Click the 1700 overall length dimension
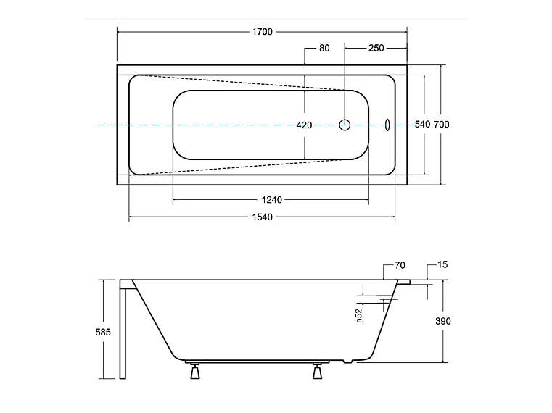pyautogui.click(x=263, y=32)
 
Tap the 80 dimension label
pyautogui.click(x=324, y=49)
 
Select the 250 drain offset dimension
pyautogui.click(x=376, y=49)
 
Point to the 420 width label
pyautogui.click(x=304, y=125)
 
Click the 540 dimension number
pyautogui.click(x=422, y=125)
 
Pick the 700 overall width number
pyautogui.click(x=442, y=125)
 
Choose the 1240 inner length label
pyautogui.click(x=272, y=200)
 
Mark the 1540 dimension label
pyautogui.click(x=263, y=217)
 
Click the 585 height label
pyautogui.click(x=103, y=332)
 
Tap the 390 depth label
pyautogui.click(x=443, y=321)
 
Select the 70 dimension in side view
pyautogui.click(x=400, y=265)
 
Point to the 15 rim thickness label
pyautogui.click(x=442, y=264)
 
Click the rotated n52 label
pyautogui.click(x=359, y=316)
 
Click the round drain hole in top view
pyautogui.click(x=345, y=125)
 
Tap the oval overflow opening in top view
pyautogui.click(x=387, y=125)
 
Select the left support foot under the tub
pyautogui.click(x=195, y=371)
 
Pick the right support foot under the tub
pyautogui.click(x=317, y=371)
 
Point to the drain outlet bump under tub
pyautogui.click(x=347, y=362)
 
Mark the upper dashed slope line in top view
pyautogui.click(x=243, y=83)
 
